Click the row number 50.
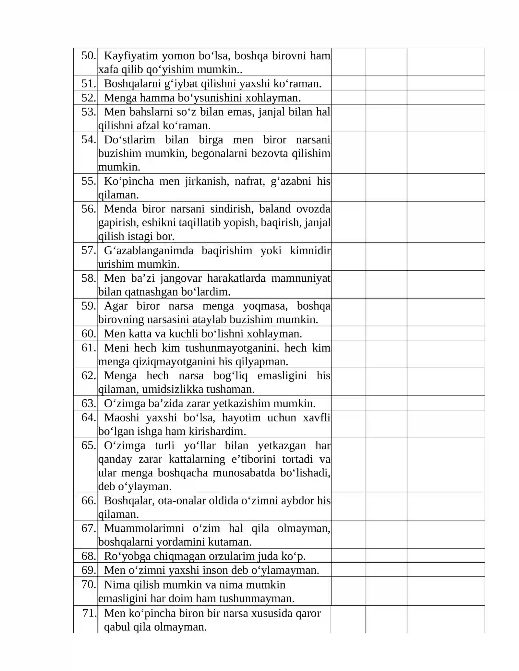(89, 56)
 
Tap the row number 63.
(89, 403)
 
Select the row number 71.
(90, 613)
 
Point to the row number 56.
(89, 209)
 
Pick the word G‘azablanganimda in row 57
(149, 251)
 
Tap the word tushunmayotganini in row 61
(232, 348)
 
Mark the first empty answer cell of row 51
(348, 83)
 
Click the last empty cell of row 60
(446, 333)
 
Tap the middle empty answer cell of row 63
(386, 403)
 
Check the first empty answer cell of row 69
(348, 570)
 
